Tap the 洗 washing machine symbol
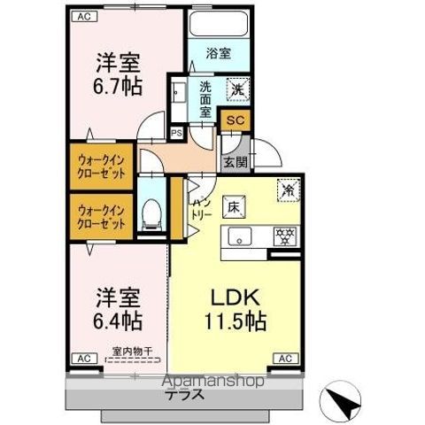[x=237, y=89]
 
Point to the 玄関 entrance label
[x=235, y=162]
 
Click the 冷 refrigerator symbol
[x=288, y=189]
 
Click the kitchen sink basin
[x=239, y=236]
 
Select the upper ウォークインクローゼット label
[x=101, y=166]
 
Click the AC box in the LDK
[x=283, y=359]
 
